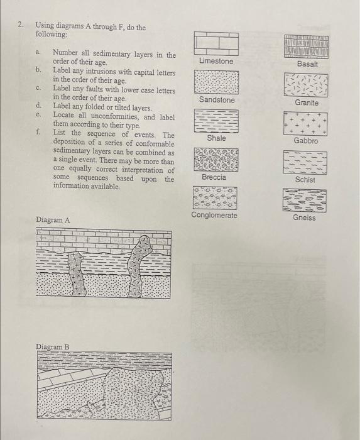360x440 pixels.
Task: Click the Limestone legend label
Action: click(215, 62)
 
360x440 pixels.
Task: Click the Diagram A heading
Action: click(53, 220)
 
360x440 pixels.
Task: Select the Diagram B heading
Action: click(53, 346)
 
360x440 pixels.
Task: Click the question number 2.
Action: click(20, 25)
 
